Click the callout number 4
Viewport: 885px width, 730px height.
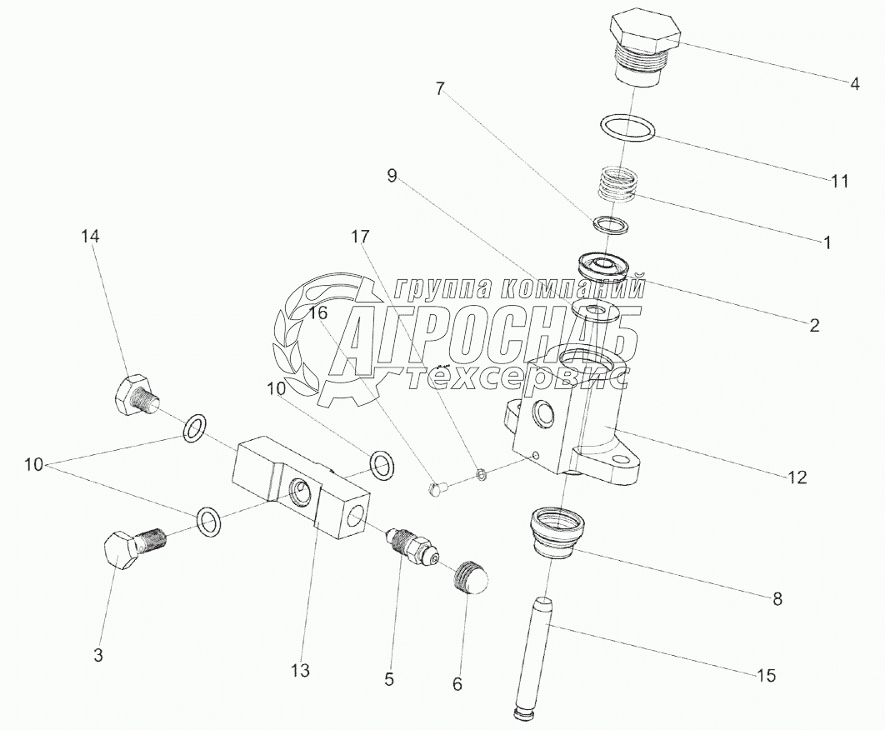pyautogui.click(x=854, y=83)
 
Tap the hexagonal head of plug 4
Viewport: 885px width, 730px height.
pyautogui.click(x=646, y=31)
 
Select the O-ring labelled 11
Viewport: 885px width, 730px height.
pyautogui.click(x=628, y=129)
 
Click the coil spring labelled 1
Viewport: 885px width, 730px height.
pyautogui.click(x=621, y=184)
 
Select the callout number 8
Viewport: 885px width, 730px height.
pyautogui.click(x=777, y=597)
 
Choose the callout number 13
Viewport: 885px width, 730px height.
pyautogui.click(x=300, y=669)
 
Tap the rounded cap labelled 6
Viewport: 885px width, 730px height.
pyautogui.click(x=471, y=575)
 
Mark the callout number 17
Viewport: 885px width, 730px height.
pyautogui.click(x=359, y=237)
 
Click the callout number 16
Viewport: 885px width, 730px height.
pyautogui.click(x=317, y=313)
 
